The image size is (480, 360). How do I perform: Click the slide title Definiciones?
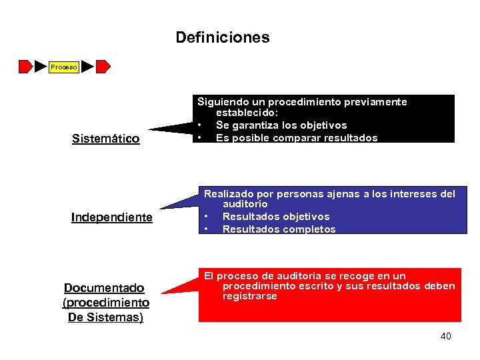pos(223,37)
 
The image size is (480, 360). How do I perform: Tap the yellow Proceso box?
pos(64,67)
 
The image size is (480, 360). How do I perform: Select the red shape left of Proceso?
pos(25,67)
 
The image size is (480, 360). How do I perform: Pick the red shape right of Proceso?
pos(103,67)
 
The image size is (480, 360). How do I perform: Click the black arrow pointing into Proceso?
pos(41,67)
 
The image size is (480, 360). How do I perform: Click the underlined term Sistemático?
pos(105,139)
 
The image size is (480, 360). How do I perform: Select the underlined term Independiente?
pos(112,218)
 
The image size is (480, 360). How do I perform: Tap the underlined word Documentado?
pos(104,288)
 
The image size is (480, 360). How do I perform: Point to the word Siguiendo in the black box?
pos(221,102)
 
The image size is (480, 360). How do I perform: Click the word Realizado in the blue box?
pos(228,194)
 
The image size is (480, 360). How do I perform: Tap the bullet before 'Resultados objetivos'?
pos(207,217)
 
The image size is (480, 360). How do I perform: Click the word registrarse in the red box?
pos(249,297)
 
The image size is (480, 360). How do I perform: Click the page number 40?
pos(445,336)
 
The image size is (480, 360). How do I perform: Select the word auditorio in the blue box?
pos(245,204)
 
